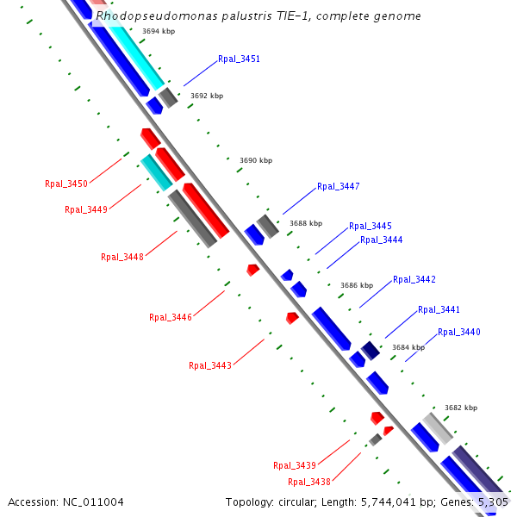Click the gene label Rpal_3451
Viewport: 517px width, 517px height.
pos(239,59)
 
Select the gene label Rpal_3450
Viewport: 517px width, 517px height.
pos(66,184)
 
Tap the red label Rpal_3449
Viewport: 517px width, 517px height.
pos(86,209)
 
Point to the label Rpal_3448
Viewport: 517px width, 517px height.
pos(122,257)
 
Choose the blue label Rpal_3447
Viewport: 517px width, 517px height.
pos(339,187)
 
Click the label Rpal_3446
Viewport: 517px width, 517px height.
pos(171,317)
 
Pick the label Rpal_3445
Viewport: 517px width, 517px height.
pos(371,227)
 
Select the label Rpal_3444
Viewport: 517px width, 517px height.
pos(382,240)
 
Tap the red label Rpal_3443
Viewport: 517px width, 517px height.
pos(210,365)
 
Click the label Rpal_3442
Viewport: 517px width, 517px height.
pos(414,280)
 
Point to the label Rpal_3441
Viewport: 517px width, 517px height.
pos(439,310)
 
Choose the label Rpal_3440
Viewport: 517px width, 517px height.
pos(459,333)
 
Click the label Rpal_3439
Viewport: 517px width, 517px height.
pos(295,465)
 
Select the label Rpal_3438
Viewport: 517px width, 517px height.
pos(309,483)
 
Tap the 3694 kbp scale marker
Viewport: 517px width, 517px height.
pos(159,31)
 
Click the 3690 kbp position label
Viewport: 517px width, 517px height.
pos(256,160)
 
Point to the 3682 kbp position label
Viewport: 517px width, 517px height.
pos(461,408)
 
